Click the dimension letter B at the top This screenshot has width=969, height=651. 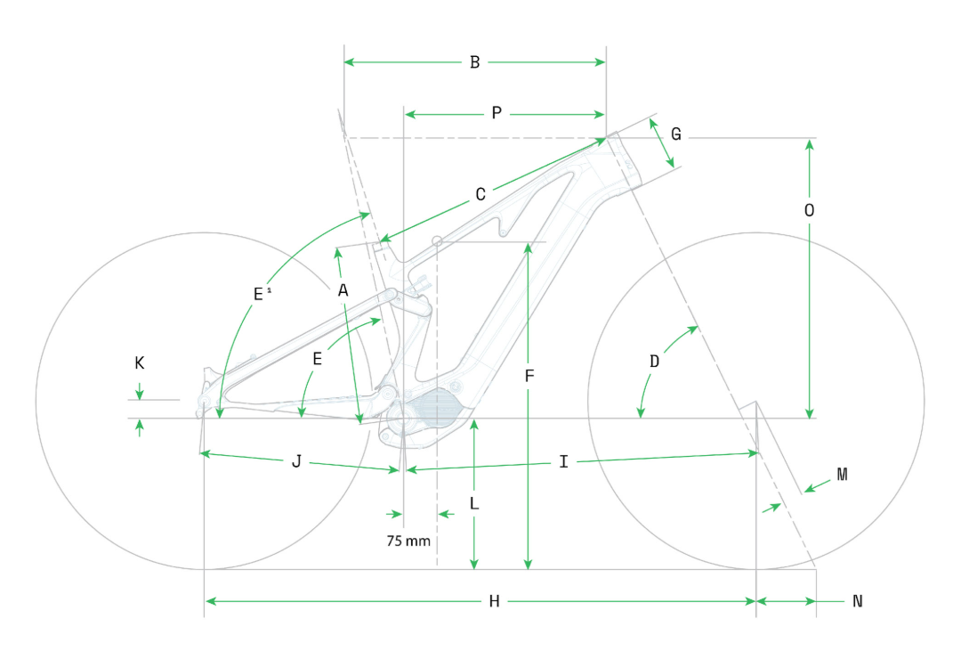474,62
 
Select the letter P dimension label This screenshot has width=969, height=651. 497,113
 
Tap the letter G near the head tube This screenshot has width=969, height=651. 676,134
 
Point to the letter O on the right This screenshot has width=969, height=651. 809,211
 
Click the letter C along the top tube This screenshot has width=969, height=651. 480,195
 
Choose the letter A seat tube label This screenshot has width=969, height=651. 343,290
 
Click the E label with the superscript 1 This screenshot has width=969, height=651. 262,294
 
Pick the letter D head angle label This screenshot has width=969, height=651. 654,362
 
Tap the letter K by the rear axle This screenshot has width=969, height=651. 140,362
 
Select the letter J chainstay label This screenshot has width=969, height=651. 296,461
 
